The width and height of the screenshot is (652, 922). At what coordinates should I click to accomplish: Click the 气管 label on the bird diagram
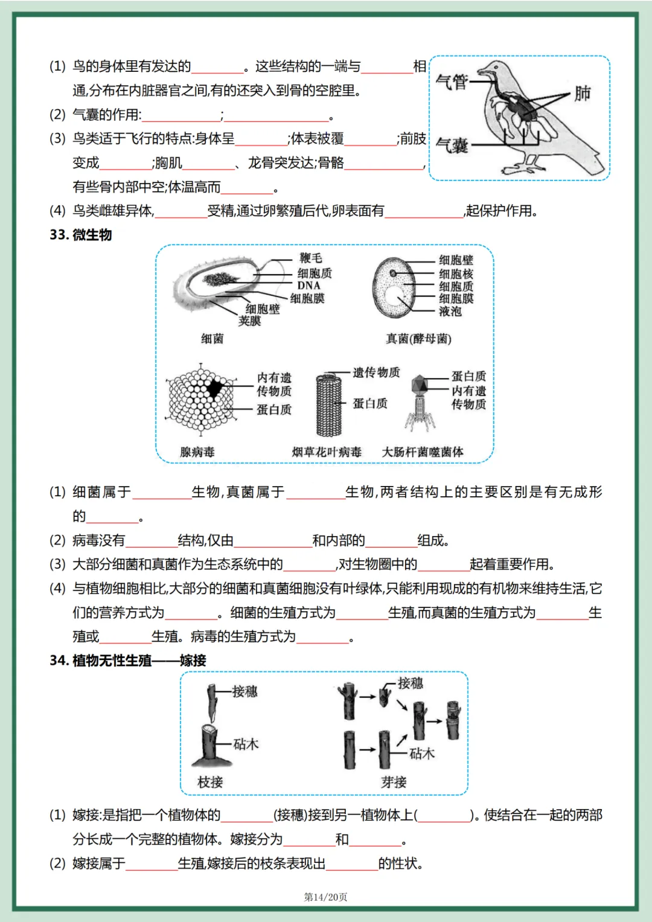pyautogui.click(x=452, y=82)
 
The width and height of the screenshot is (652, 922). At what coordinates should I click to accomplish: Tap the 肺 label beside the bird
pyautogui.click(x=582, y=93)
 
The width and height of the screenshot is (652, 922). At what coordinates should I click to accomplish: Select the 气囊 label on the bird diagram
pyautogui.click(x=452, y=145)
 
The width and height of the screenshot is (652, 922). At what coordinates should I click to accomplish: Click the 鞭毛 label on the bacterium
pyautogui.click(x=311, y=258)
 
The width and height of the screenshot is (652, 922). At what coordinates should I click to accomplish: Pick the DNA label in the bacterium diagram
pyautogui.click(x=308, y=285)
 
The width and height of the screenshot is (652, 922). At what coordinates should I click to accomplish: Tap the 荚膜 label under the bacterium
pyautogui.click(x=249, y=321)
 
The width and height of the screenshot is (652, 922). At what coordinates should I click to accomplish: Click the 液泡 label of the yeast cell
pyautogui.click(x=450, y=311)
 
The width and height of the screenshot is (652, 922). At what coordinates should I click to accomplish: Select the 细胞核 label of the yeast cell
pyautogui.click(x=456, y=273)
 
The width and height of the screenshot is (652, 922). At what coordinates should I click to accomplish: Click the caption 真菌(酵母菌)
pyautogui.click(x=418, y=339)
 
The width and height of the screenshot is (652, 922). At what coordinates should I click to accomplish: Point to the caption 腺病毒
pyautogui.click(x=197, y=452)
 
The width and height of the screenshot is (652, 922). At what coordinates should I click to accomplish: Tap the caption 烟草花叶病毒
pyautogui.click(x=327, y=452)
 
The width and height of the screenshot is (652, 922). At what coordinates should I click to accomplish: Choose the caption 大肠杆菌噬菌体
pyautogui.click(x=423, y=452)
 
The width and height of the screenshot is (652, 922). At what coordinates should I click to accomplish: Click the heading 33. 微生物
pyautogui.click(x=81, y=235)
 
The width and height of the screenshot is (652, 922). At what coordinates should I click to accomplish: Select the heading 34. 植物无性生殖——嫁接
pyautogui.click(x=128, y=661)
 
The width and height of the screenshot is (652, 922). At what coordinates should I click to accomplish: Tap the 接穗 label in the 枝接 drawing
pyautogui.click(x=245, y=691)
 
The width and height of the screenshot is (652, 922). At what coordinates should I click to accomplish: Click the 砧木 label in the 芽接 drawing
pyautogui.click(x=421, y=753)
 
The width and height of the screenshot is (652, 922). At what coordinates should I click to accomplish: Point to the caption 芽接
pyautogui.click(x=394, y=782)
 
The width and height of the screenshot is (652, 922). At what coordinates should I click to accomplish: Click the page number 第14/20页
pyautogui.click(x=325, y=897)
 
